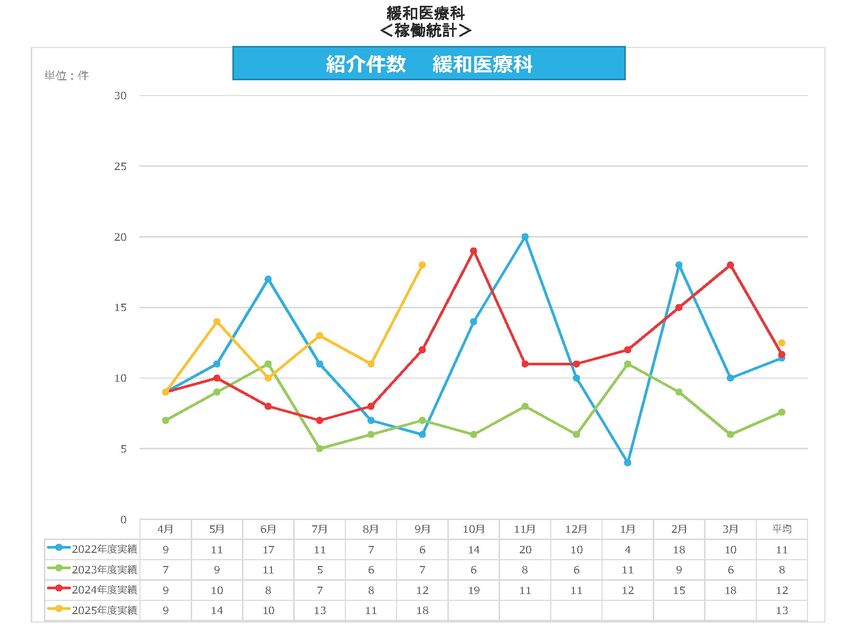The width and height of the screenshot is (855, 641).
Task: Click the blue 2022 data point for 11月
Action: tap(525, 237)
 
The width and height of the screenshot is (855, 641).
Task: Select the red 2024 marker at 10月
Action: tap(474, 251)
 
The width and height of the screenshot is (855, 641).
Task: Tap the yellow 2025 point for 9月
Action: tap(422, 265)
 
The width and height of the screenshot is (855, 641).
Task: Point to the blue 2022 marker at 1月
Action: tap(627, 463)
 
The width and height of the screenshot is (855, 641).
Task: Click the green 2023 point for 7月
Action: tap(320, 449)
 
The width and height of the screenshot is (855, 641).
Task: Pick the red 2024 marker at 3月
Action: tap(730, 265)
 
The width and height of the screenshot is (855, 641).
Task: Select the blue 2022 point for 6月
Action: tap(268, 279)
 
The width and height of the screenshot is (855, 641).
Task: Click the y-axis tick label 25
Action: tap(121, 166)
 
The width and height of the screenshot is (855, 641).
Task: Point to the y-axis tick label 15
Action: tap(121, 307)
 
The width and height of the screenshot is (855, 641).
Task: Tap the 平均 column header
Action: tap(782, 529)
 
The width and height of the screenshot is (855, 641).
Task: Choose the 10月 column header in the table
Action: tap(474, 529)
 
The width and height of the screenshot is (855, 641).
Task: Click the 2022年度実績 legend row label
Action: tap(104, 549)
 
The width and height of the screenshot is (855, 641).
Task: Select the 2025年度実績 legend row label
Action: tap(104, 610)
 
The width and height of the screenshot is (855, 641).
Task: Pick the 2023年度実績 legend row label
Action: tap(104, 570)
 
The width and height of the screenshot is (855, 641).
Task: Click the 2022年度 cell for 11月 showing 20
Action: tap(525, 550)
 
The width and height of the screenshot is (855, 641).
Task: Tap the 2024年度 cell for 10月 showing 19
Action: tap(474, 590)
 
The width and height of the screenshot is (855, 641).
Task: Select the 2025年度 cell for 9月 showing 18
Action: tap(422, 610)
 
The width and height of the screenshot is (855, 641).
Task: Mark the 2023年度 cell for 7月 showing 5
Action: tap(320, 570)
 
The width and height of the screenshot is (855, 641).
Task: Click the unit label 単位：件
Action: tap(67, 76)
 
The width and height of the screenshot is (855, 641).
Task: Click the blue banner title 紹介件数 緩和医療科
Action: tap(429, 64)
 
